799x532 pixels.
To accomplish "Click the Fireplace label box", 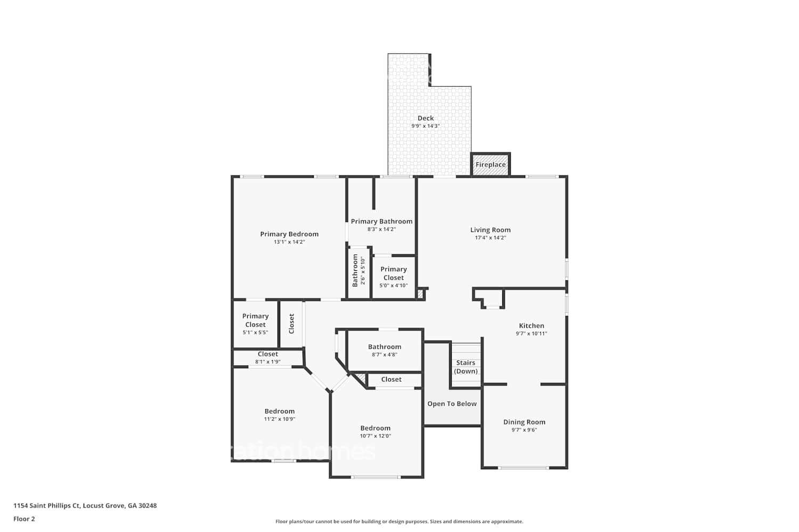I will click(x=491, y=164).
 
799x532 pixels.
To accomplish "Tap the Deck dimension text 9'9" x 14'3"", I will click(x=425, y=126).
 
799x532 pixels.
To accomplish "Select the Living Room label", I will click(x=490, y=230).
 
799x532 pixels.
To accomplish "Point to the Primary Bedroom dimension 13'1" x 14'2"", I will click(x=289, y=242).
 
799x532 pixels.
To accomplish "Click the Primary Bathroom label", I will click(x=381, y=221).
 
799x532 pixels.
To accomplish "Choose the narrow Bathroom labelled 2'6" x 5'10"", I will click(x=358, y=270).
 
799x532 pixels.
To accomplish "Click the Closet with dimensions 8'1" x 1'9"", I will click(x=268, y=358).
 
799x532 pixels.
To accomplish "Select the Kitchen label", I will click(x=532, y=326).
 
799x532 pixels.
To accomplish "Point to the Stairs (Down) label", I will click(x=466, y=367).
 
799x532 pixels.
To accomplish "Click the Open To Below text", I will click(x=452, y=404).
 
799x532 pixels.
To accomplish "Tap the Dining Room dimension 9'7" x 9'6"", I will click(x=524, y=430).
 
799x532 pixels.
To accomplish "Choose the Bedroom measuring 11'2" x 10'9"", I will click(x=280, y=414).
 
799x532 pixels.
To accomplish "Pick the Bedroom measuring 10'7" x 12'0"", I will click(x=376, y=431).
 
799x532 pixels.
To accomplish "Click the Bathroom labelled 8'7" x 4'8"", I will click(x=385, y=350).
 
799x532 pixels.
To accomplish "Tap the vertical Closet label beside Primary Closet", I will click(x=291, y=323).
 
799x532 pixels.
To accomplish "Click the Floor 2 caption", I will click(x=24, y=519).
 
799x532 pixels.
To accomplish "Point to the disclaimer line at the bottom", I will click(x=399, y=522).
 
